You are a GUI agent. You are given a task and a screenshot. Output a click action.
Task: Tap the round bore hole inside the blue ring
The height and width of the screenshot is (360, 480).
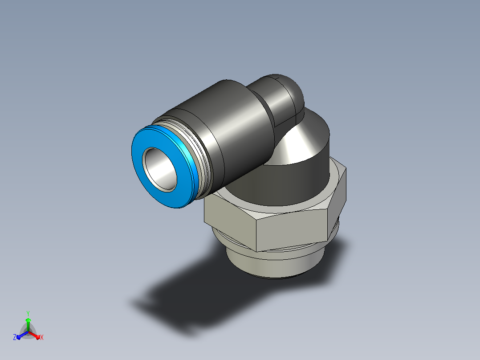159,170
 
